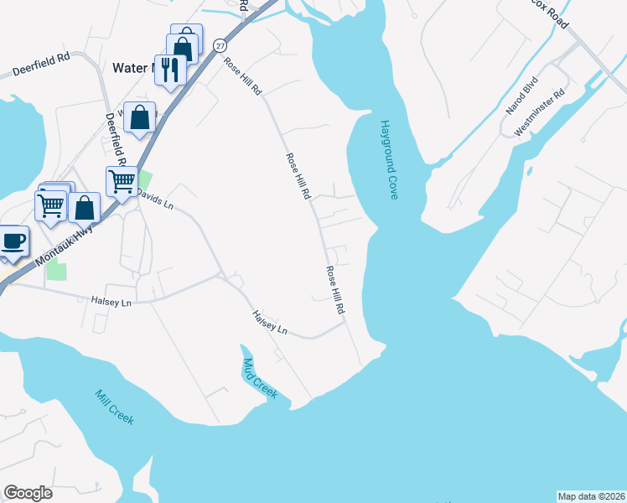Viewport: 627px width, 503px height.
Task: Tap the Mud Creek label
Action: [x=259, y=379]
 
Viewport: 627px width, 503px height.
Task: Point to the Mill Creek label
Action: [x=114, y=407]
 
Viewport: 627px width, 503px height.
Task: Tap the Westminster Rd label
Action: [x=540, y=112]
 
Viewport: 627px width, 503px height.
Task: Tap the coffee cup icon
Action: [x=13, y=241]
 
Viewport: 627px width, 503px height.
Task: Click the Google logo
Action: [x=28, y=493]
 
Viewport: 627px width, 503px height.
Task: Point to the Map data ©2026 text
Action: [x=591, y=496]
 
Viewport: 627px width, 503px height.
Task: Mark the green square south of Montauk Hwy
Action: [x=56, y=270]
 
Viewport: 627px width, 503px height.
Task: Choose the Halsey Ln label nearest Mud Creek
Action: [x=271, y=322]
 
